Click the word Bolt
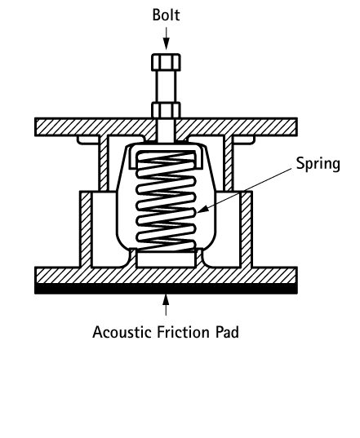click(x=166, y=15)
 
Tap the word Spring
click(x=318, y=164)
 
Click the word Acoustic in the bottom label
click(x=122, y=332)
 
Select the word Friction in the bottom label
click(x=183, y=332)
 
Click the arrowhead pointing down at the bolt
click(x=166, y=44)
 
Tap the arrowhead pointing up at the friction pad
click(x=166, y=299)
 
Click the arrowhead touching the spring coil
click(x=202, y=210)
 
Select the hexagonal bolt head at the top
click(x=166, y=62)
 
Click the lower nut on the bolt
click(x=166, y=110)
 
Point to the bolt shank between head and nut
click(x=166, y=86)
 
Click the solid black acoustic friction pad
click(x=166, y=288)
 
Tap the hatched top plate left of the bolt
click(x=95, y=127)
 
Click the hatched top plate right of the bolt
click(x=236, y=127)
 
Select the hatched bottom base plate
click(x=166, y=276)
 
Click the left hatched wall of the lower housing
click(x=86, y=229)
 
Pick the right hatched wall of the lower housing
click(x=247, y=229)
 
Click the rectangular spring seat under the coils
click(x=166, y=259)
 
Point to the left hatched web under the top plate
click(x=104, y=163)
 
